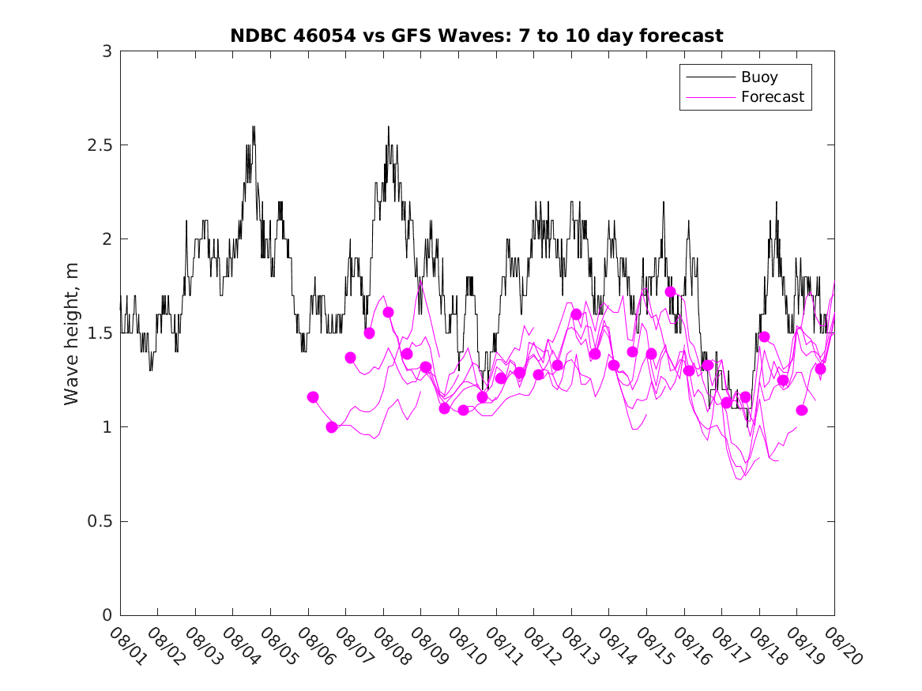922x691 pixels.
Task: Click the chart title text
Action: [476, 36]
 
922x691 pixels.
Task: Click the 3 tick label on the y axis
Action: [107, 51]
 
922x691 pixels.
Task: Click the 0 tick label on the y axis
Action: [107, 615]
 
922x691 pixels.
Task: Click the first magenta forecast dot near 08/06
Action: [313, 397]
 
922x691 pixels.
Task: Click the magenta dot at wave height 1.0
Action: [332, 427]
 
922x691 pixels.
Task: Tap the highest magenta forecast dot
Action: [670, 291]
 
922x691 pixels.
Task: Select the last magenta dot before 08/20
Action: [820, 369]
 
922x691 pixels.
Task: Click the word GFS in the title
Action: [409, 36]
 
